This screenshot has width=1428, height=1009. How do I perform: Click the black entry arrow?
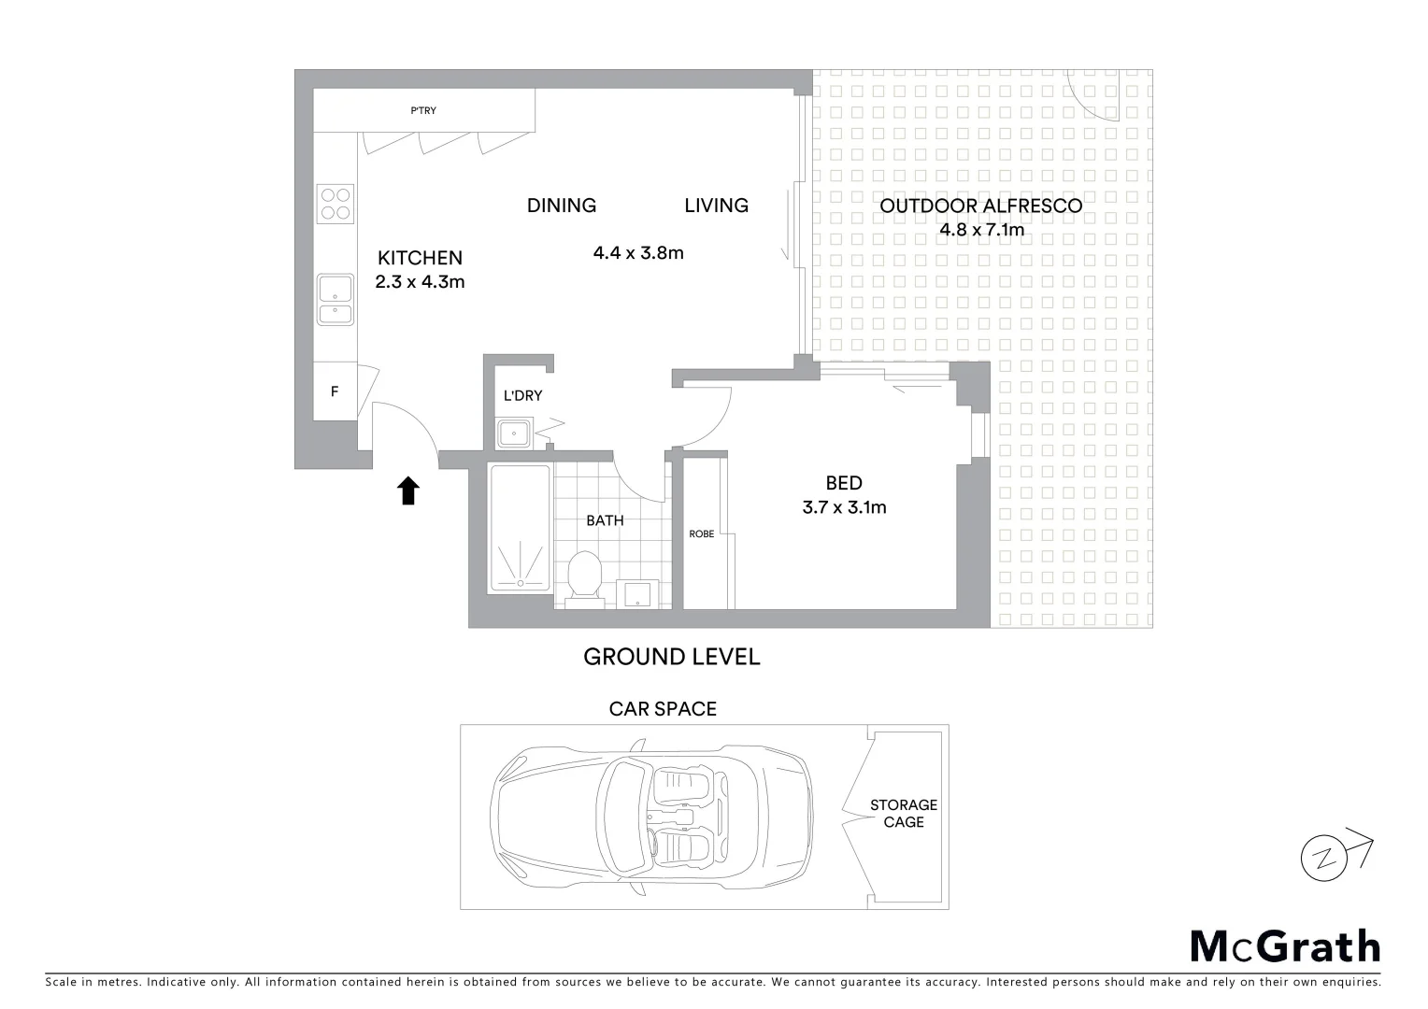pos(407,490)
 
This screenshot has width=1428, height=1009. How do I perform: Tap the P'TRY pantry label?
pos(423,111)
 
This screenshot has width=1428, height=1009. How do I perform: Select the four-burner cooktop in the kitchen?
pos(336,204)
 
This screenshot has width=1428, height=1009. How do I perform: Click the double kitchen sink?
pos(335,299)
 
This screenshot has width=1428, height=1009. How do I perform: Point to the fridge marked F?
pos(334,391)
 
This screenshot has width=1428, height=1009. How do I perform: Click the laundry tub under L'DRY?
pos(513,433)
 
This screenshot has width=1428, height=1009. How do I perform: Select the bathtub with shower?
pos(520,529)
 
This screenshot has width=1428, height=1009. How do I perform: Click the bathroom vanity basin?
pos(639,594)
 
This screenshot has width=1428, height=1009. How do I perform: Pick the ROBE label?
pos(701,534)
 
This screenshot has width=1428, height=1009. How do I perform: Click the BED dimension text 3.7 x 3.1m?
pos(844,508)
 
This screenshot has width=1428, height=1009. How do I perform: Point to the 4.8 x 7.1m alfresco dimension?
pos(981,230)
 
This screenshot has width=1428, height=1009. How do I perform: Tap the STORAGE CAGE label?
pos(903,813)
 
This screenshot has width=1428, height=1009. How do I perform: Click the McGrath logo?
pos(1284,946)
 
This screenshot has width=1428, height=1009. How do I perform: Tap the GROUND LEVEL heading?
pos(671,657)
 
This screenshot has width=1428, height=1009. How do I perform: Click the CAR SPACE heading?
pos(663,709)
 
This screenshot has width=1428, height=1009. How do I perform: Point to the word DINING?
pos(561,206)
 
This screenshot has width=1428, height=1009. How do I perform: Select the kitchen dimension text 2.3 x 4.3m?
pos(420,281)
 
